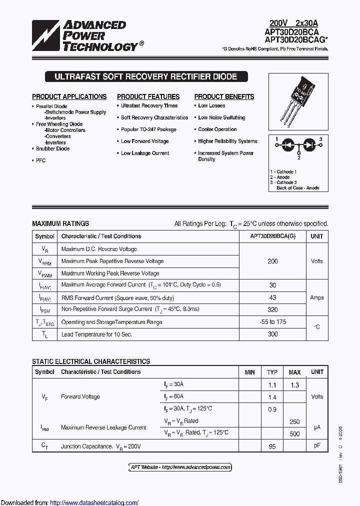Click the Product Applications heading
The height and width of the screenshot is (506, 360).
[x=69, y=96]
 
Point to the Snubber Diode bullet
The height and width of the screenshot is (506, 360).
[x=52, y=148]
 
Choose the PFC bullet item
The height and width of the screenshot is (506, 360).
[x=40, y=160]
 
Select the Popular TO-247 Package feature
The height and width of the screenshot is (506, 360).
[x=148, y=129]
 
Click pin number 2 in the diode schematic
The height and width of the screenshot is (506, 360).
[x=299, y=157]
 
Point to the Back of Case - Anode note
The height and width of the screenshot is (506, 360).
[x=297, y=188]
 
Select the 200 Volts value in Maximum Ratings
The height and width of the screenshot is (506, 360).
[x=272, y=261]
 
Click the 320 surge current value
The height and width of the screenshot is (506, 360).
[x=272, y=309]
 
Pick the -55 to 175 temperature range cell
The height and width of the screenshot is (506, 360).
[x=272, y=322]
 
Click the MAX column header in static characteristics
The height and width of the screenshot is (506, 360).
[x=294, y=372]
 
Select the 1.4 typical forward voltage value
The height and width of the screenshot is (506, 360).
[x=272, y=397]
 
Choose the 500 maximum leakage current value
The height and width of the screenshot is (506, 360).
[x=294, y=434]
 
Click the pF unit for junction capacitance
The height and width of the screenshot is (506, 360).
[x=317, y=446]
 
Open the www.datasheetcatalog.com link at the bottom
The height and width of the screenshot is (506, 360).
[x=94, y=502]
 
